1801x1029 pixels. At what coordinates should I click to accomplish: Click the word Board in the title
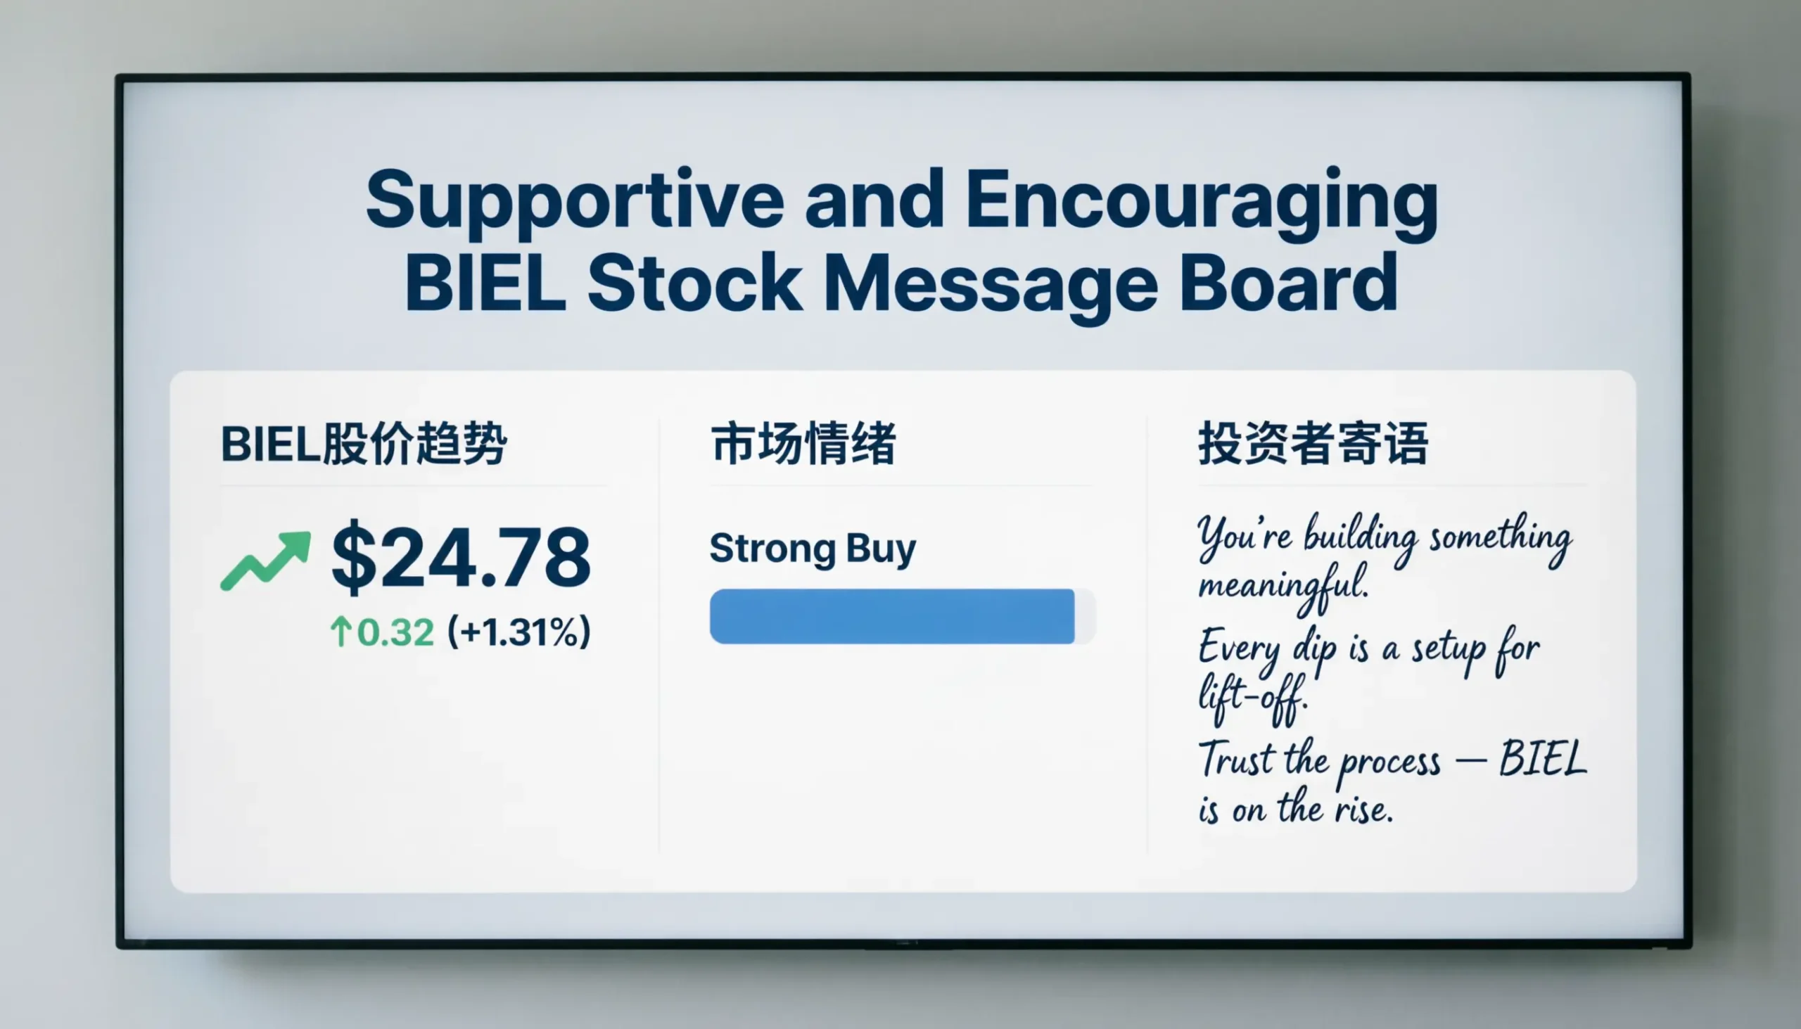[1288, 283]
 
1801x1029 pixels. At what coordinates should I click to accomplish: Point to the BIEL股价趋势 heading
[363, 444]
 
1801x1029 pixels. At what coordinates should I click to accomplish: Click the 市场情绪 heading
[803, 444]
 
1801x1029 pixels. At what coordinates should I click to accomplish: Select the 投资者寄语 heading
[1313, 444]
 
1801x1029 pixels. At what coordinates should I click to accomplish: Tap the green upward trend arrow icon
[266, 560]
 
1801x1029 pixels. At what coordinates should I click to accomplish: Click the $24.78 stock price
[460, 558]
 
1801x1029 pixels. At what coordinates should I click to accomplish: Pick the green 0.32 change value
[395, 632]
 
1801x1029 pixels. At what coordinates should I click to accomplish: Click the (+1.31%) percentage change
[518, 632]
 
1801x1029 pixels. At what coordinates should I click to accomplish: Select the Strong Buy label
[812, 549]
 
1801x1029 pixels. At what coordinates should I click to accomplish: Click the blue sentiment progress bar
[892, 616]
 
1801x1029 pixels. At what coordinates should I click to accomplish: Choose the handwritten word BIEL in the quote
[1542, 759]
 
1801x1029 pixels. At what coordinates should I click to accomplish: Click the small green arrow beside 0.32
[341, 632]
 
